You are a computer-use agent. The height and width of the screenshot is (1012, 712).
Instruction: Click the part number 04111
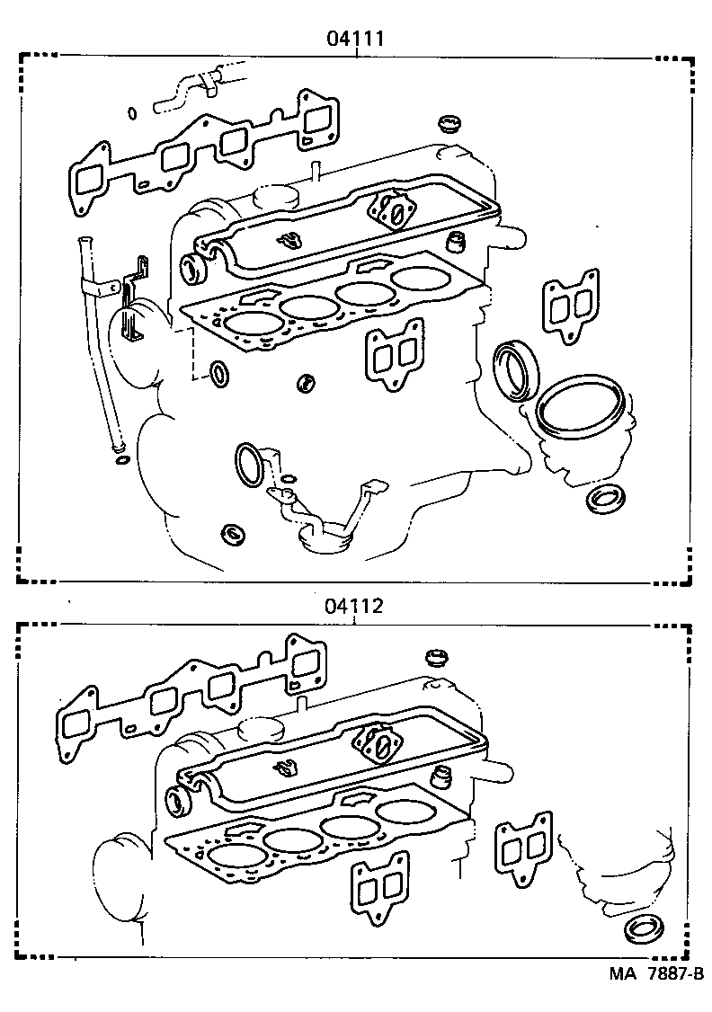[x=355, y=39]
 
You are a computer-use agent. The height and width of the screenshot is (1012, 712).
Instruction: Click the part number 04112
[x=355, y=606]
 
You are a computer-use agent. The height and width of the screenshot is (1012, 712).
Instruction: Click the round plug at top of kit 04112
[x=437, y=655]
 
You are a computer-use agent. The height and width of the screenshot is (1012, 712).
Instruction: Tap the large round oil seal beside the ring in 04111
[x=518, y=367]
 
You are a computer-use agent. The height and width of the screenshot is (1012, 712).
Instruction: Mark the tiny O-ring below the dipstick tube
[x=120, y=462]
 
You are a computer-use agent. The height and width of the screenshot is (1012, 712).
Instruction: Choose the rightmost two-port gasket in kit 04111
[x=570, y=306]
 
